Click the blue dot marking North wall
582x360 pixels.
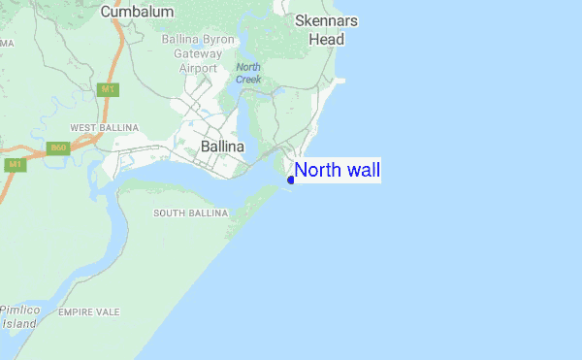291,179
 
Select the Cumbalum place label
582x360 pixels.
137,12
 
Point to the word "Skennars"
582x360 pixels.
326,21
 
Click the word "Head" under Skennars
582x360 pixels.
326,40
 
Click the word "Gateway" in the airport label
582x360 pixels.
197,54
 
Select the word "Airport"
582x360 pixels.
199,69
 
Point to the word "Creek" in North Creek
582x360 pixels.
248,79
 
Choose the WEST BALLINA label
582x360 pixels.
104,128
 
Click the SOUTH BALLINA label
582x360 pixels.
191,213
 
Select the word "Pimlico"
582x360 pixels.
20,310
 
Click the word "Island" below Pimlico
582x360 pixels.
18,323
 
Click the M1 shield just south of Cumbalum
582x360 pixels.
109,89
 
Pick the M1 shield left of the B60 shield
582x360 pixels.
15,165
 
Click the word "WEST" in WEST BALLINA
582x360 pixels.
84,128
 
